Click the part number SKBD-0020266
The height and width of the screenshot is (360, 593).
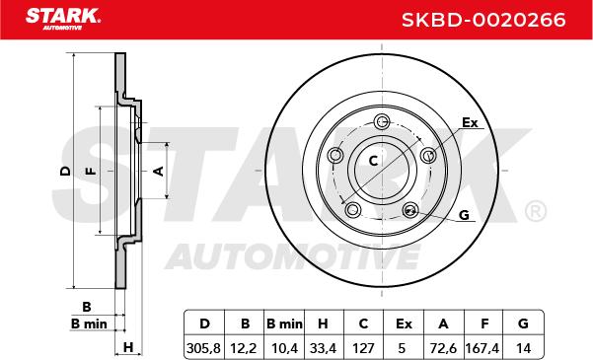tap(483, 20)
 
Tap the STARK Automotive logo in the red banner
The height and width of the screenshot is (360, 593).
tap(63, 20)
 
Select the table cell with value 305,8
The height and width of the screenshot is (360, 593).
tap(204, 347)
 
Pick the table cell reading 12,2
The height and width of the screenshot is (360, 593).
tap(244, 347)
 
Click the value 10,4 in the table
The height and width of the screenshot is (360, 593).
tap(284, 347)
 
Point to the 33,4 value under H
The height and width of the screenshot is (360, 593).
tap(323, 347)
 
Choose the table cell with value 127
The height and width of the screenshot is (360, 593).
tap(363, 347)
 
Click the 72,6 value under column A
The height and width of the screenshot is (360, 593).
tap(443, 347)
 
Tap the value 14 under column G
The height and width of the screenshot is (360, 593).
tap(523, 347)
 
